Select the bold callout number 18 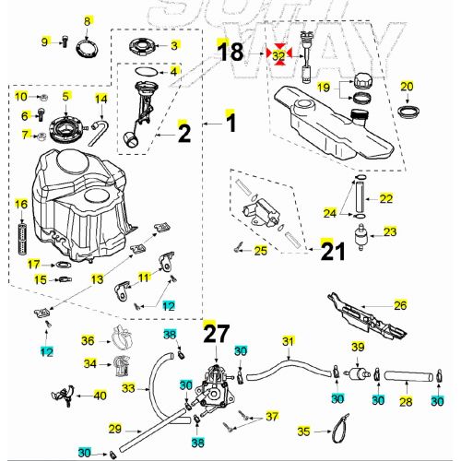(x=231, y=53)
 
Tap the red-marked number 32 (x=278, y=55)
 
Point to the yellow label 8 (x=89, y=20)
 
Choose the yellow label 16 (x=21, y=203)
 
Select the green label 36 (x=88, y=341)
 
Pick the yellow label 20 (x=407, y=87)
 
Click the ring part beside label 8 (x=89, y=41)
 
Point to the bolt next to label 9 (x=65, y=41)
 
